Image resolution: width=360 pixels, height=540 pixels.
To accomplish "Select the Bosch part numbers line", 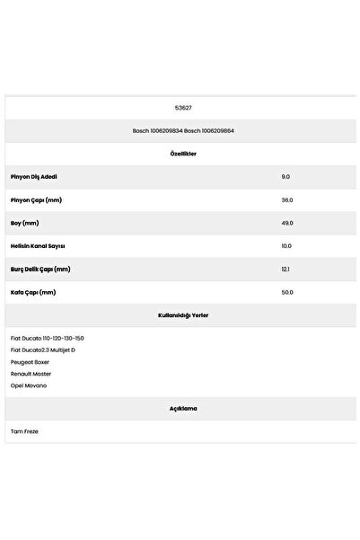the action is (x=183, y=131).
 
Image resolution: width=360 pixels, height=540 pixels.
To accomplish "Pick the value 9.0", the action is (x=286, y=177).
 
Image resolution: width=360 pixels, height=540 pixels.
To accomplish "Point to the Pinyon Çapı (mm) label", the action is (x=37, y=200).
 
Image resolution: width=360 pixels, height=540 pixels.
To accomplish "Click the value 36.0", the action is (x=287, y=200).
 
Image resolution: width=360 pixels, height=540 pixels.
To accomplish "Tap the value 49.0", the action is (x=287, y=223).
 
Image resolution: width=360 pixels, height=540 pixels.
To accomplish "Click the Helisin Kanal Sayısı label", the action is (x=38, y=246).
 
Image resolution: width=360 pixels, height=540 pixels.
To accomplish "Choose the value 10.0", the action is (x=287, y=246).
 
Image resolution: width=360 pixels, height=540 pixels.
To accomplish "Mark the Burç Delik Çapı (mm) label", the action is (x=40, y=269).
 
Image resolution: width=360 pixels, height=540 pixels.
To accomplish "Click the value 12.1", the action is (x=285, y=269).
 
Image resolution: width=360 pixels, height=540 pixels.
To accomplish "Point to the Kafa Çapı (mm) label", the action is (x=33, y=292).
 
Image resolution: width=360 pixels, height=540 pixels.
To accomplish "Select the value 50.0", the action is (x=287, y=292).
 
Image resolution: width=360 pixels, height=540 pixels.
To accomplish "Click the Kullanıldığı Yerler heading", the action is (x=183, y=315).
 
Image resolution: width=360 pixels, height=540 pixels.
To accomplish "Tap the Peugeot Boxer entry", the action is (x=30, y=361).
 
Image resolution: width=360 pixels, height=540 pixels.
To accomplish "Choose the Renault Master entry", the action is (x=31, y=373).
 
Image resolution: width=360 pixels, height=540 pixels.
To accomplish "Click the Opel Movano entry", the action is (x=29, y=385).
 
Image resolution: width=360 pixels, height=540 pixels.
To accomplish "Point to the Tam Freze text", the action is (x=24, y=431).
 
